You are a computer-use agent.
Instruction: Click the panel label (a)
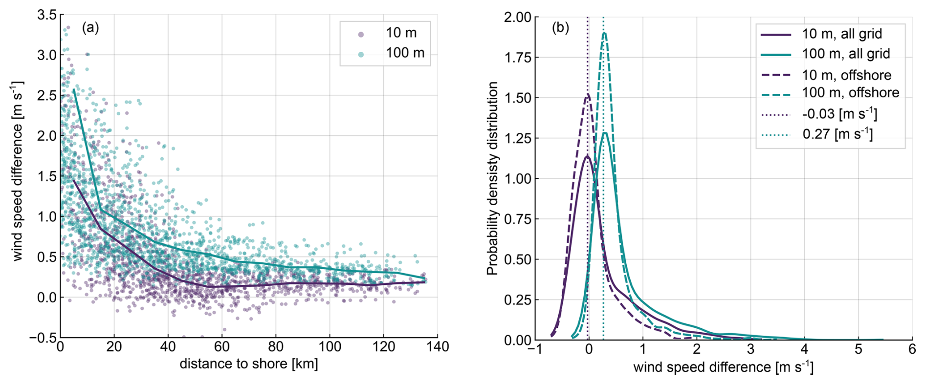coord(90,28)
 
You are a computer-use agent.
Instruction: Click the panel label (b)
coord(560,28)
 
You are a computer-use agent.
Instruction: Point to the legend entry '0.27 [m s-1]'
coord(837,134)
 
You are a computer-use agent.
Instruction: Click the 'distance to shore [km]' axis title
coord(249,364)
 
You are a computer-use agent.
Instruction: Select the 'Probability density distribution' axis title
coord(492,178)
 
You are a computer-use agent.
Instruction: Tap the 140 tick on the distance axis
coord(437,347)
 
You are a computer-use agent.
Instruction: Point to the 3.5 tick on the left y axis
coord(47,15)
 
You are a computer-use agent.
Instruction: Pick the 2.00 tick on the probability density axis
coord(518,18)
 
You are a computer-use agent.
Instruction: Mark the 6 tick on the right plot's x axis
coord(912,350)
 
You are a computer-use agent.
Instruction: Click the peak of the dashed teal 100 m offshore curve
coord(604,33)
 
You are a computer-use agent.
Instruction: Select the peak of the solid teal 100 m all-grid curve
coord(605,133)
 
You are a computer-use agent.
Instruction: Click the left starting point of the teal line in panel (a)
coord(74,90)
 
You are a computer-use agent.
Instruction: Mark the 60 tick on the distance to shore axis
coord(221,347)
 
